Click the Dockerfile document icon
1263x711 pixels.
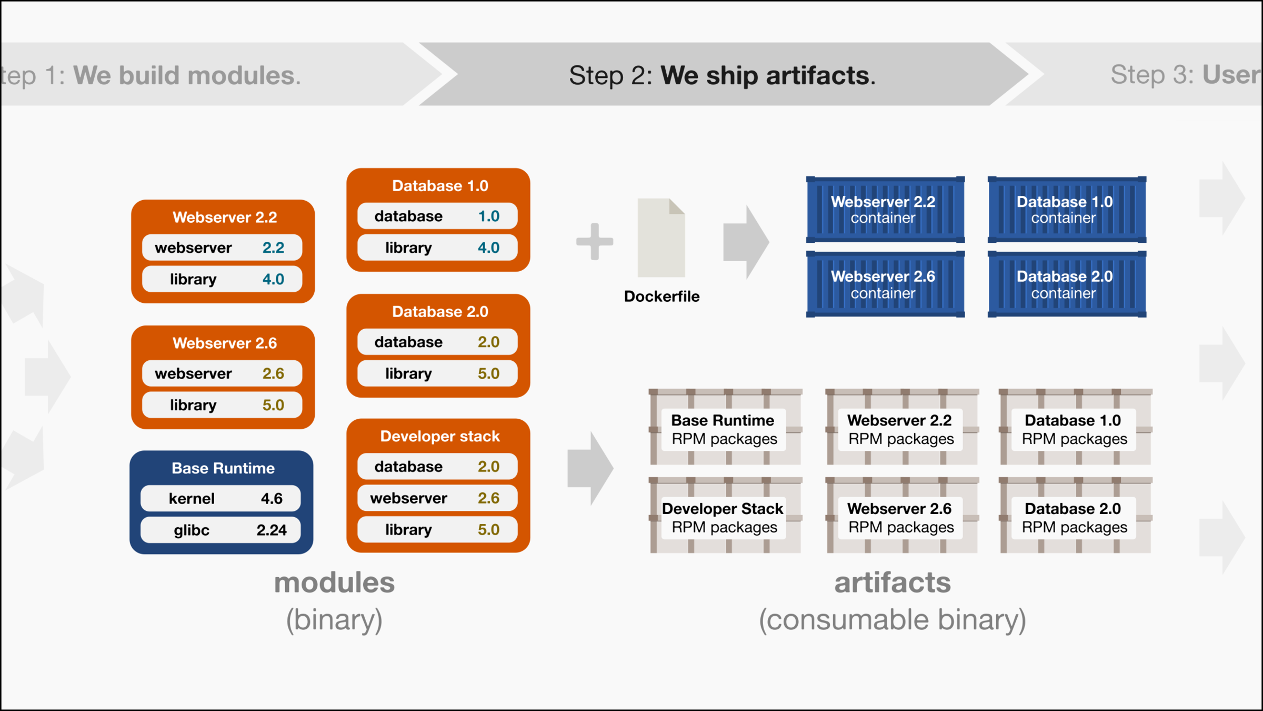tap(661, 238)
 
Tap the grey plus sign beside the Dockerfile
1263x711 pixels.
tap(595, 242)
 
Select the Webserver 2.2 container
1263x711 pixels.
tap(885, 210)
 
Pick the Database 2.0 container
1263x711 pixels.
tap(1067, 284)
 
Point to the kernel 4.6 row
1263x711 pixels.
tap(221, 498)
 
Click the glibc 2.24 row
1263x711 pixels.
tap(221, 530)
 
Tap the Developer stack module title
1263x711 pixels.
tap(439, 436)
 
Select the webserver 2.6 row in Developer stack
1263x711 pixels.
tap(437, 498)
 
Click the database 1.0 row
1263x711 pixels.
tap(437, 216)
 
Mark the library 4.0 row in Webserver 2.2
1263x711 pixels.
tap(222, 279)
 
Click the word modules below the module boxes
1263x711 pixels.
tap(334, 582)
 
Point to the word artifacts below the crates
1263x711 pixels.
tap(893, 582)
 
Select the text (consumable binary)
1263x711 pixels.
tap(893, 619)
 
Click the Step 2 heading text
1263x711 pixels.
tap(722, 75)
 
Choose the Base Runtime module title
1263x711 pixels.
tap(223, 468)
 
